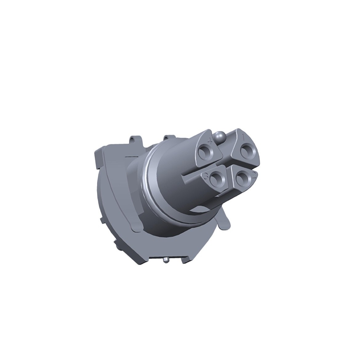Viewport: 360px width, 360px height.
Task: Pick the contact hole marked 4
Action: click(x=204, y=151)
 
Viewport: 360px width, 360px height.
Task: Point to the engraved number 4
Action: click(x=210, y=141)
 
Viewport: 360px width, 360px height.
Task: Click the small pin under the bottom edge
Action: click(x=166, y=261)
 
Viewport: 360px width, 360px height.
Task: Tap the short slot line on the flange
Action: click(x=130, y=157)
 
